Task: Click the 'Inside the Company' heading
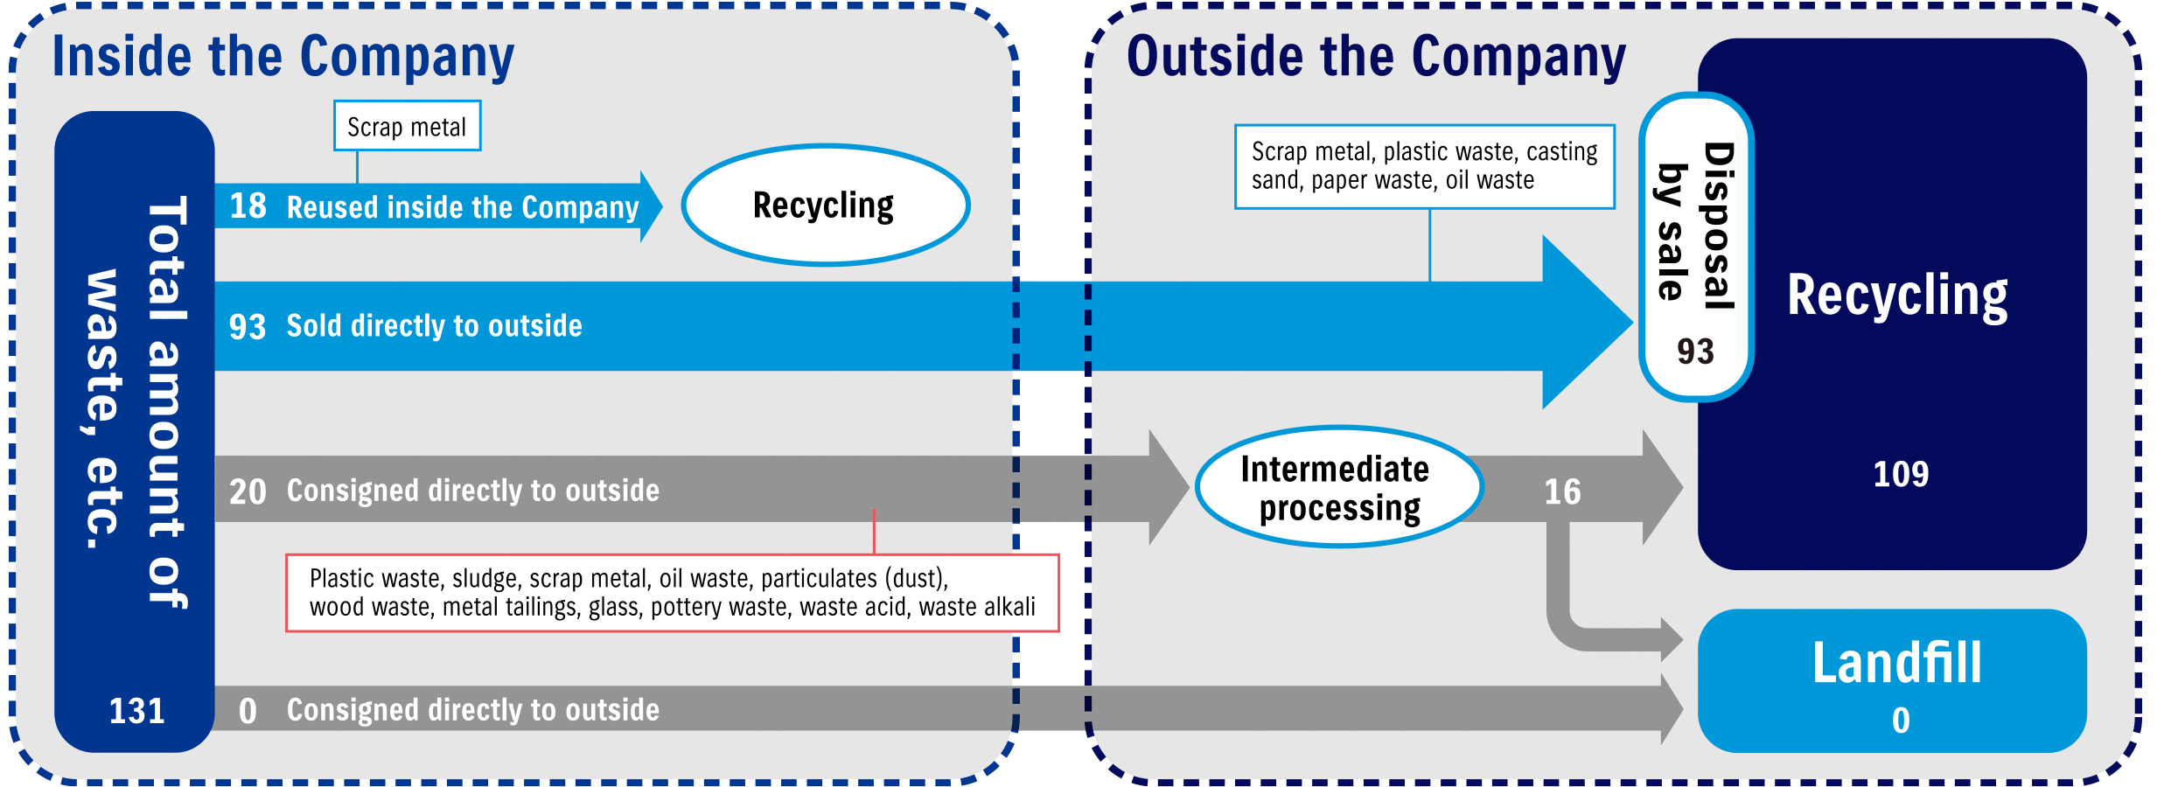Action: (x=283, y=58)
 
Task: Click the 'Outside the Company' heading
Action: (x=1376, y=58)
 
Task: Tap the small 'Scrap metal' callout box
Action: (x=407, y=126)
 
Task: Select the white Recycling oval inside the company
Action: (x=825, y=205)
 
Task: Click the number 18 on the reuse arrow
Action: (x=248, y=206)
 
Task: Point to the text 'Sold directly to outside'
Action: (x=434, y=326)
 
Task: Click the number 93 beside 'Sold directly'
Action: (x=248, y=327)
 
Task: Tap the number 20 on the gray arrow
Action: (x=248, y=491)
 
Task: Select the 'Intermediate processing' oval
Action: (x=1338, y=487)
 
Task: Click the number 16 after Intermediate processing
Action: (x=1562, y=491)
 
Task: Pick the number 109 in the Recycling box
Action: (x=1901, y=474)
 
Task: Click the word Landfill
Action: (x=1896, y=663)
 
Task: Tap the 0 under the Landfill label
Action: (x=1901, y=721)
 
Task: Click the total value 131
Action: (x=136, y=711)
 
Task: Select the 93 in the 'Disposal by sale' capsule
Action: (x=1695, y=352)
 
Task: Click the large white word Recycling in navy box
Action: (x=1897, y=296)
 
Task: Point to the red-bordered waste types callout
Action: (x=672, y=593)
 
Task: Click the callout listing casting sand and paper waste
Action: (x=1424, y=166)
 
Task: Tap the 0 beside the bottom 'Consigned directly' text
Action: (x=248, y=711)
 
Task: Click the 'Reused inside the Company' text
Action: (x=463, y=207)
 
